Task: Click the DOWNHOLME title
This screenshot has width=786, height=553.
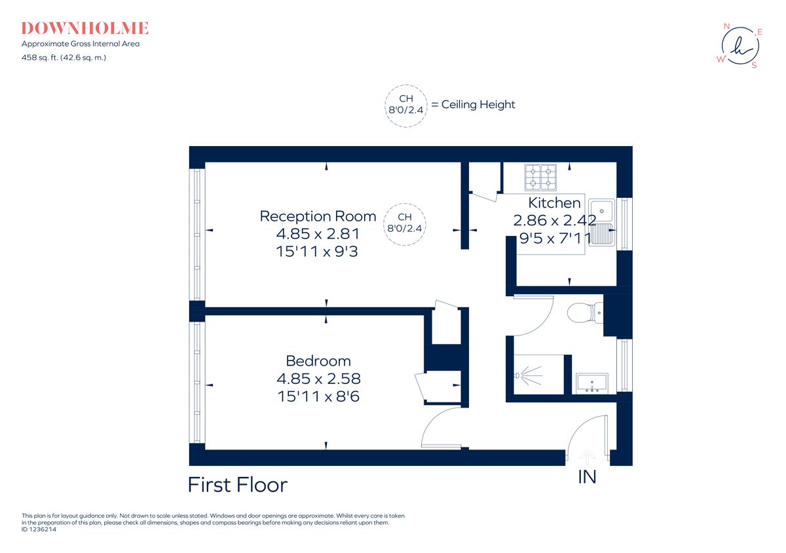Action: click(85, 28)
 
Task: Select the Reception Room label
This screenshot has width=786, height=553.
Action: click(318, 216)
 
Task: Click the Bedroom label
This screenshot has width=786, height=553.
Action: click(318, 361)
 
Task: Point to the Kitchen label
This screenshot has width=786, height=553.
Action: click(554, 203)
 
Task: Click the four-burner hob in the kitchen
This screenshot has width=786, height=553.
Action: click(540, 176)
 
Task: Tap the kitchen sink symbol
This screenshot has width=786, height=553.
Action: click(601, 221)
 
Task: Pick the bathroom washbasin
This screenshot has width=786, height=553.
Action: click(592, 383)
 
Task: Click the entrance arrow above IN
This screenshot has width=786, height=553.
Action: click(588, 456)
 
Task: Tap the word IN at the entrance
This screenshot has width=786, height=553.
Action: click(587, 477)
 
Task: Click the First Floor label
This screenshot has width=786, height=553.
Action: click(237, 485)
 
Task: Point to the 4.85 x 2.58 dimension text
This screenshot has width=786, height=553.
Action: click(318, 379)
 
